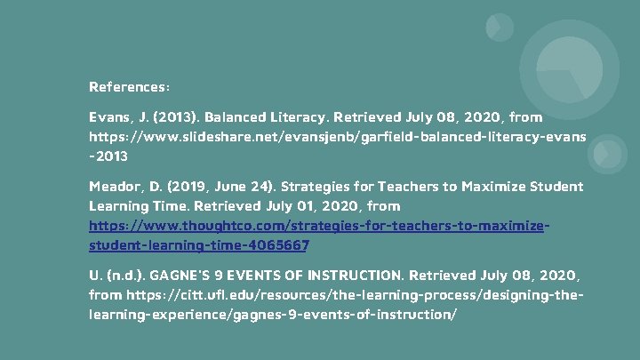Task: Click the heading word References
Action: coord(128,87)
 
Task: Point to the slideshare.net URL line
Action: coord(337,137)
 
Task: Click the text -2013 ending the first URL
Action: coord(108,156)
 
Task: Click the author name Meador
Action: coord(115,187)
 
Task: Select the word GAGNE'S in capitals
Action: coord(189,275)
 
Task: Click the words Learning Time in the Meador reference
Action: coord(132,206)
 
